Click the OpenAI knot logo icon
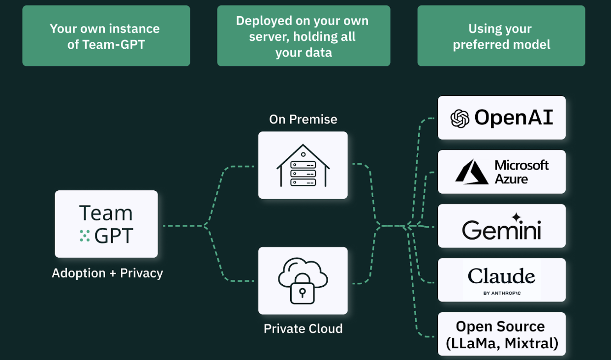tap(459, 119)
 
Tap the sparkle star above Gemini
tap(516, 217)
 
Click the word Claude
tap(501, 276)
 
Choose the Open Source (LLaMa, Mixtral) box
tap(501, 334)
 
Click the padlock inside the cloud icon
tap(302, 292)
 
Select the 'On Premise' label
tap(303, 120)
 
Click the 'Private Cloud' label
tap(303, 329)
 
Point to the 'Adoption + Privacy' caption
tap(107, 273)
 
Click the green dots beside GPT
tap(85, 236)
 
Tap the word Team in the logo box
tap(106, 213)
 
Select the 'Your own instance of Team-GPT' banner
tap(106, 36)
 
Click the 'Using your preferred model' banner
tap(501, 36)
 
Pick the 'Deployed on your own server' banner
tap(303, 36)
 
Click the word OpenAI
tap(514, 118)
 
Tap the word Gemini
tap(501, 230)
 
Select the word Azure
tap(511, 179)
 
